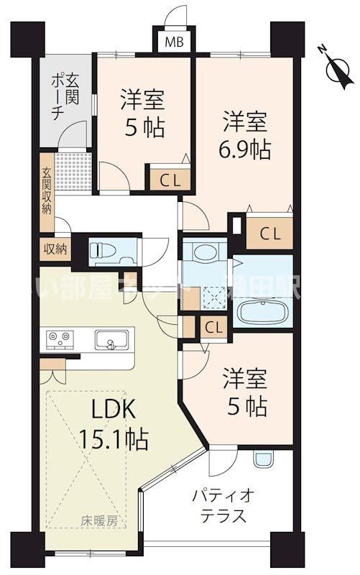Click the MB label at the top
pos(175,42)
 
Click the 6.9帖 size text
pos(244,150)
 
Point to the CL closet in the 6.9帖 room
pos(269,233)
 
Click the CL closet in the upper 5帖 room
pos(170,178)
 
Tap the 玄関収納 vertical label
pos(46,190)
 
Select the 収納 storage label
pos(55,249)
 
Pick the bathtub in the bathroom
pos(264,313)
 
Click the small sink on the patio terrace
pos(264,459)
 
